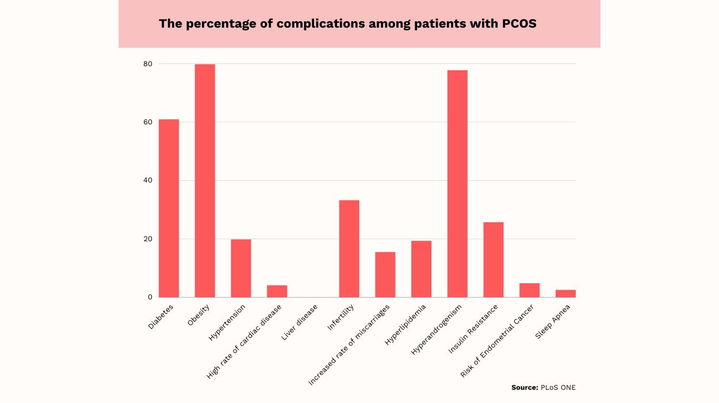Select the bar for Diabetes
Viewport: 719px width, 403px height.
point(169,208)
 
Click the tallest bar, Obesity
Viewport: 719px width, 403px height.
point(205,181)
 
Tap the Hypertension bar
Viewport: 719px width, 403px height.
point(241,268)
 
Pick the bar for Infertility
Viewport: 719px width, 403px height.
point(349,249)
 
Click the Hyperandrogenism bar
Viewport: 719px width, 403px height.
point(457,184)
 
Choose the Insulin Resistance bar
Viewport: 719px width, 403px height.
point(494,260)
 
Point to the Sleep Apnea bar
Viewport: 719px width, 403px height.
point(565,294)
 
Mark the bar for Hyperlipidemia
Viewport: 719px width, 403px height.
point(421,269)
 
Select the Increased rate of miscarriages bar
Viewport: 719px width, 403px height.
point(385,275)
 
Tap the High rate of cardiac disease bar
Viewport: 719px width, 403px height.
point(277,291)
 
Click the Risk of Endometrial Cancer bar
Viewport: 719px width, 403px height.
point(529,290)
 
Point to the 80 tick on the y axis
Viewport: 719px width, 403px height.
point(148,64)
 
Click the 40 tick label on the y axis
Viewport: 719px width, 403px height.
point(148,181)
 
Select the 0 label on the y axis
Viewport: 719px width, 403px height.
point(150,297)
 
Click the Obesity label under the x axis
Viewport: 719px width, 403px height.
point(198,315)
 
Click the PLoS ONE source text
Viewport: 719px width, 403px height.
point(557,387)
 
